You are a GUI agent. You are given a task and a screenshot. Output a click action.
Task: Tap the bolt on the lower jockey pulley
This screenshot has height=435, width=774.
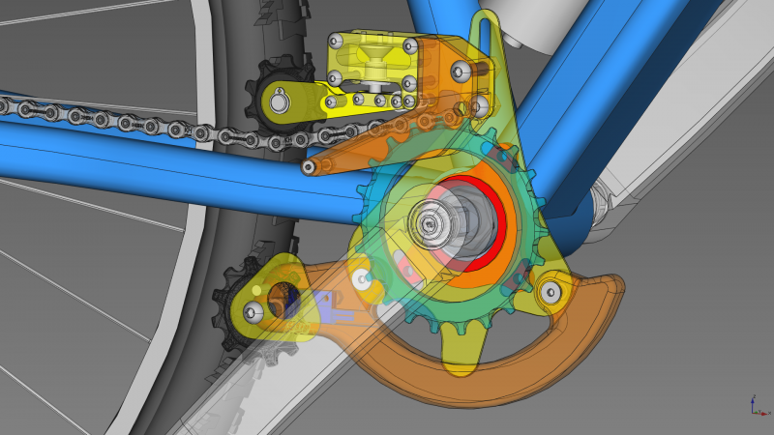click(x=254, y=311)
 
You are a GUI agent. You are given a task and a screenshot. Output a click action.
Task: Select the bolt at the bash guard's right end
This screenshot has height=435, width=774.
click(x=551, y=295)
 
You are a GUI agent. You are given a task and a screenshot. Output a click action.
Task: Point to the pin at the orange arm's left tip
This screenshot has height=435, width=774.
click(x=309, y=167)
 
